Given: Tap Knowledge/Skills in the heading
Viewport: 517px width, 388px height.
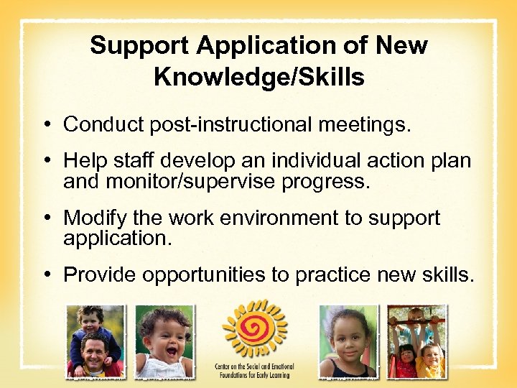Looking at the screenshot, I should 258,77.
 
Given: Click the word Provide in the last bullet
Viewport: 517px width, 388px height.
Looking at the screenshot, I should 101,274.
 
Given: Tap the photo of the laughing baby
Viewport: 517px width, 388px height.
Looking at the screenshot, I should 164,341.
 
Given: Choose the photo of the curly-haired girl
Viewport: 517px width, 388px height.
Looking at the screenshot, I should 348,341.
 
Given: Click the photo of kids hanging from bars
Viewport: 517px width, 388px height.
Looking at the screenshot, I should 416,341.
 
